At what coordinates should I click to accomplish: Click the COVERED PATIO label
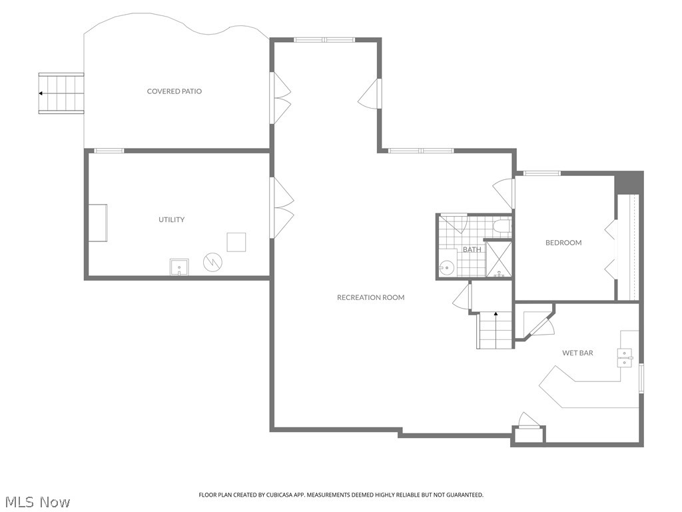(x=174, y=91)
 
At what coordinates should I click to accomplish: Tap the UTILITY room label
(x=171, y=220)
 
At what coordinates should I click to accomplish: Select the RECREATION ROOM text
(x=370, y=297)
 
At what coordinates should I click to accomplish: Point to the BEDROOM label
(x=563, y=243)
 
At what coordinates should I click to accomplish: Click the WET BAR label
(x=577, y=353)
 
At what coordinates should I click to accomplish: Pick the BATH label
(x=472, y=250)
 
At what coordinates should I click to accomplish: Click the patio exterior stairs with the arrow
(x=61, y=93)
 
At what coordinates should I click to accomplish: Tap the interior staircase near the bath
(x=494, y=331)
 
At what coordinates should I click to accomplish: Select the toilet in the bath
(x=502, y=228)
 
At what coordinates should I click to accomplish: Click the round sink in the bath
(x=447, y=268)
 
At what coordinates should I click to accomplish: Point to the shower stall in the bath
(x=499, y=259)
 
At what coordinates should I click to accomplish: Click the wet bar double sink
(x=625, y=358)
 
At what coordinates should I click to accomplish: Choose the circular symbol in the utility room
(x=212, y=261)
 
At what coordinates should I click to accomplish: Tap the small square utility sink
(x=178, y=267)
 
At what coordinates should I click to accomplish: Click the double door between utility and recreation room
(x=282, y=207)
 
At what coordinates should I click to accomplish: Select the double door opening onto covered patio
(x=281, y=98)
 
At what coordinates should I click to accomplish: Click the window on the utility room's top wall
(x=109, y=151)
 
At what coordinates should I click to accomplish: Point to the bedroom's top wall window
(x=541, y=173)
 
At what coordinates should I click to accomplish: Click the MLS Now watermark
(x=36, y=501)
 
